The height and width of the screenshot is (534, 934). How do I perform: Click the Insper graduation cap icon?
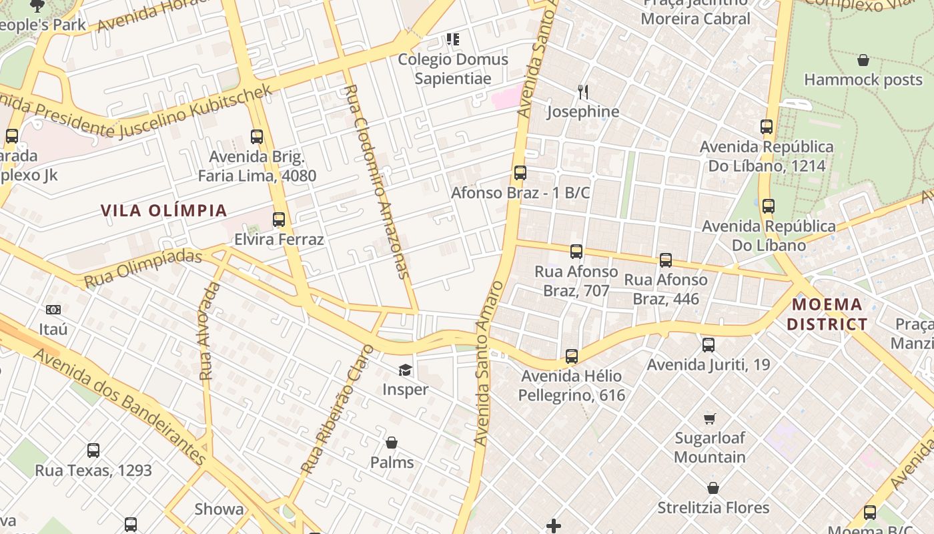coord(405,370)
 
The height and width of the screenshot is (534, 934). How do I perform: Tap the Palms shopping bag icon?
coord(392,443)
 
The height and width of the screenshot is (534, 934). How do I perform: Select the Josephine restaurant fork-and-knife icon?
coord(583,91)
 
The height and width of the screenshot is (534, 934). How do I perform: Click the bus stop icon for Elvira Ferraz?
coord(279,219)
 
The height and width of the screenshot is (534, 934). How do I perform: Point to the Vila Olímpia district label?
coord(164,210)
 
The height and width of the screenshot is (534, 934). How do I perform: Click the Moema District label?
coord(827,314)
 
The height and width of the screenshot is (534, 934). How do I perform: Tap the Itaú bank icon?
coord(53,310)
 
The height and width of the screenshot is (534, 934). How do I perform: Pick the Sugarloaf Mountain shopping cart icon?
coord(709,419)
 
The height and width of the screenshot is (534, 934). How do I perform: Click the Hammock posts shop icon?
coord(863,60)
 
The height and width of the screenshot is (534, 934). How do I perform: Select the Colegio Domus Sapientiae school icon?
coord(453,39)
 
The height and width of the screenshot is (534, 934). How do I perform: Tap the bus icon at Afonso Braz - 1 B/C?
coord(520,173)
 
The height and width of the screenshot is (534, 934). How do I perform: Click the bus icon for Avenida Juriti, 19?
coord(709,345)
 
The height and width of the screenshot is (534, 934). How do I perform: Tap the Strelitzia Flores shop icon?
coord(713,488)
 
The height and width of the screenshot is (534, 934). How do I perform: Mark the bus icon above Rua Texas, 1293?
coord(93,451)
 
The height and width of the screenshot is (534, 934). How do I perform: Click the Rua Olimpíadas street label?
coord(143,269)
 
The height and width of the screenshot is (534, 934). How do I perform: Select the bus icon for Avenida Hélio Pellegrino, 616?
coord(572,356)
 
